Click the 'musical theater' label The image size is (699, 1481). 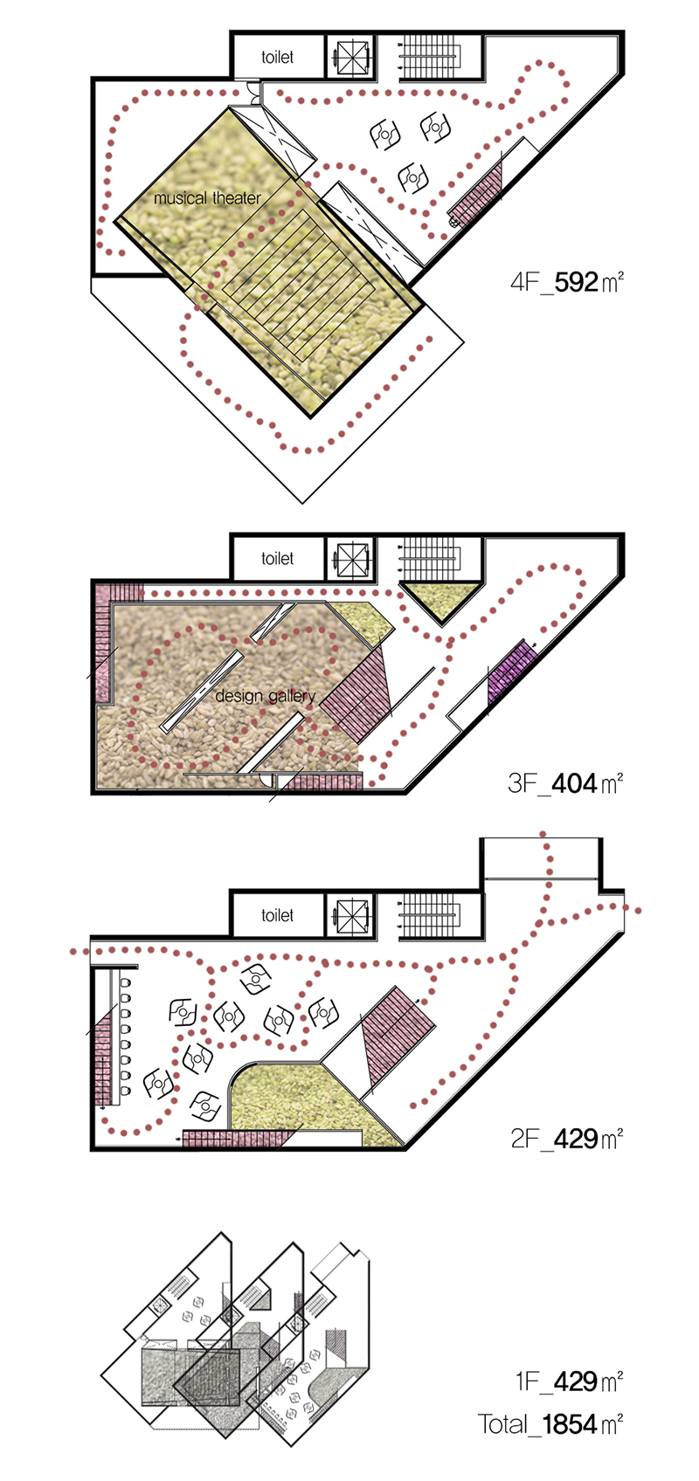pos(207,197)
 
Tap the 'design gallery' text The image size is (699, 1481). pos(265,696)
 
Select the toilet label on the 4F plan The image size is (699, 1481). pos(277,57)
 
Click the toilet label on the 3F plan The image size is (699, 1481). pos(277,558)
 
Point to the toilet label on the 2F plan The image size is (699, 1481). pos(277,915)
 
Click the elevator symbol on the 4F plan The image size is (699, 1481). pos(351,57)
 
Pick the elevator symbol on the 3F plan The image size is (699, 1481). pos(351,558)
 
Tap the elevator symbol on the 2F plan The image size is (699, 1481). pos(351,915)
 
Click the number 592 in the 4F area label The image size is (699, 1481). pos(576,282)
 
